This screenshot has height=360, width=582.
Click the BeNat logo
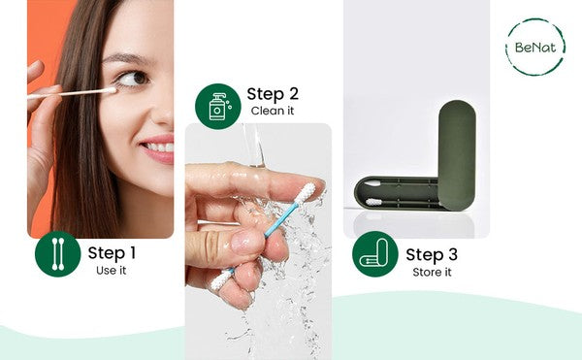[x=535, y=48]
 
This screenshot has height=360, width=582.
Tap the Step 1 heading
[x=112, y=253]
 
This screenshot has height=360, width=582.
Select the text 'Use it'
[x=111, y=271]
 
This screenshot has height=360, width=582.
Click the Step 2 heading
[x=273, y=94]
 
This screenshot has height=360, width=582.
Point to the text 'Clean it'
[x=273, y=111]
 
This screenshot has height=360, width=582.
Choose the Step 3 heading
[x=432, y=254]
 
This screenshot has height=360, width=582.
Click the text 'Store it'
[x=432, y=272]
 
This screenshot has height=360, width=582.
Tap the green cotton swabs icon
[x=58, y=254]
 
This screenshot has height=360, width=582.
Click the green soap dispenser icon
[x=218, y=106]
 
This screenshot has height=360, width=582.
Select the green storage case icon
[x=375, y=254]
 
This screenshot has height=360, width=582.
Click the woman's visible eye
[x=133, y=79]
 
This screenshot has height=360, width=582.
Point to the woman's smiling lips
[x=159, y=148]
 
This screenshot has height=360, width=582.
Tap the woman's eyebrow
[x=125, y=58]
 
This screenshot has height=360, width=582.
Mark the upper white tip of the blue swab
[x=306, y=193]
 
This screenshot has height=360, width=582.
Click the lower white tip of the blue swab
[x=221, y=279]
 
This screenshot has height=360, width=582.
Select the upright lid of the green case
[x=457, y=154]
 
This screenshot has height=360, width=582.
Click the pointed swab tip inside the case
[x=371, y=183]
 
